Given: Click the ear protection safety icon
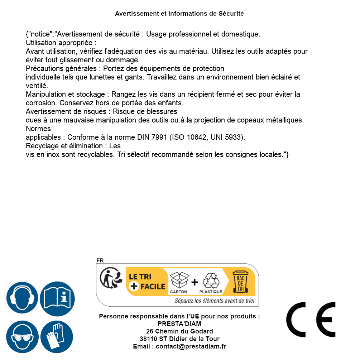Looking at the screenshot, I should (x=22, y=298).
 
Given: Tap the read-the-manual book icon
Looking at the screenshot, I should (x=57, y=298).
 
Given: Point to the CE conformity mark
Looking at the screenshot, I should (x=311, y=320).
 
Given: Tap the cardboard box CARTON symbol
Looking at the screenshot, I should (x=179, y=280).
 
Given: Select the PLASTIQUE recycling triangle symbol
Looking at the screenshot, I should (x=211, y=280).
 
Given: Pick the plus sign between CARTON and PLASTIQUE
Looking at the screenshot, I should (x=195, y=282).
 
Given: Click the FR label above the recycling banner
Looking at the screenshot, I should (x=100, y=260).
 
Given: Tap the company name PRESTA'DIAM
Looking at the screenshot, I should (x=179, y=324).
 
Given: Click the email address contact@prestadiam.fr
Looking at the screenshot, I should (x=191, y=346).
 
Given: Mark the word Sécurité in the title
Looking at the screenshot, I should (x=231, y=14).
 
